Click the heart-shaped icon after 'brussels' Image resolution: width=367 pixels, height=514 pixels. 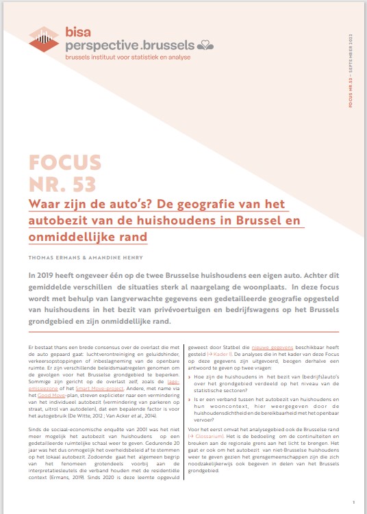205,46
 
